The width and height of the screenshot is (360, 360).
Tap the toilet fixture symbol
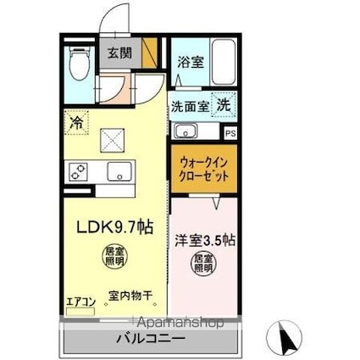pos(79,63)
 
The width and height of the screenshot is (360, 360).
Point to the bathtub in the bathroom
pos(224,61)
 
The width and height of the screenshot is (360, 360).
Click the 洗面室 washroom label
pos(190,107)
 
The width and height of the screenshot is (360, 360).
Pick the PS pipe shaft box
pos(230,133)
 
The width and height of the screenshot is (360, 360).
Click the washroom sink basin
pos(186,132)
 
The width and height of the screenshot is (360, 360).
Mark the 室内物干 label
pos(130,296)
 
